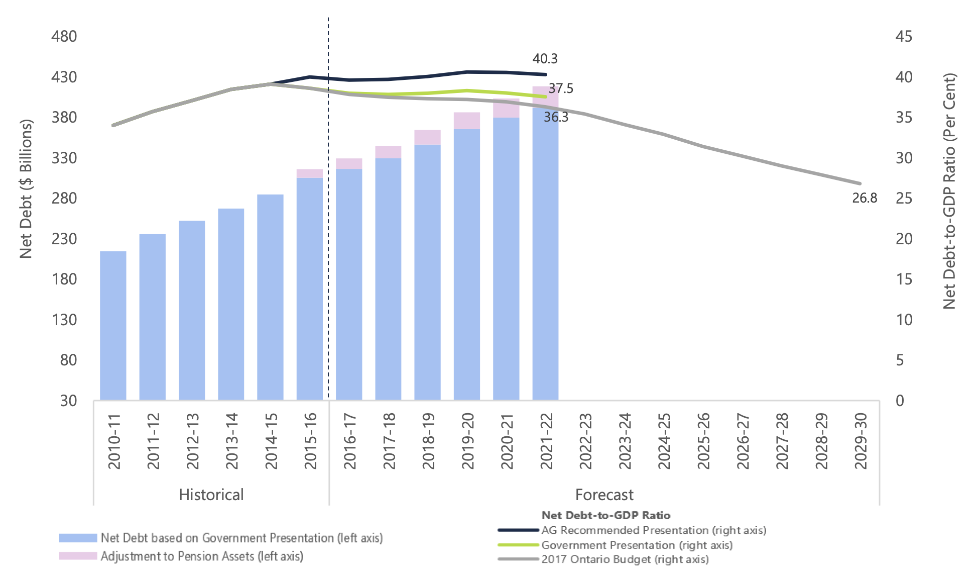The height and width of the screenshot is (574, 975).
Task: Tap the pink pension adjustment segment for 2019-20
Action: click(x=467, y=121)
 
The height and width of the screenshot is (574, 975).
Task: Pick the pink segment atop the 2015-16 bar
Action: click(x=310, y=173)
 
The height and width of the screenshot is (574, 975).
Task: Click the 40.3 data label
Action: click(x=545, y=59)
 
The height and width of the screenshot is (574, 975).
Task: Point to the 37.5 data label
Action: click(x=561, y=89)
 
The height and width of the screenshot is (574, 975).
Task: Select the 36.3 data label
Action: click(x=556, y=117)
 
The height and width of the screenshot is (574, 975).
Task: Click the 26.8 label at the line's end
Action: click(x=865, y=198)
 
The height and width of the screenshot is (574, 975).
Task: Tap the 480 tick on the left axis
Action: click(x=64, y=36)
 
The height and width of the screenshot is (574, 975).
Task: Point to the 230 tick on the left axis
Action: click(x=64, y=239)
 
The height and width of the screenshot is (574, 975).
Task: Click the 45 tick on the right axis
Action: click(x=904, y=36)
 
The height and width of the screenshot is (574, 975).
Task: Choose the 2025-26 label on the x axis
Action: click(x=703, y=441)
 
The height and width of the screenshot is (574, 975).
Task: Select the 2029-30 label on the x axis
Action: click(x=861, y=441)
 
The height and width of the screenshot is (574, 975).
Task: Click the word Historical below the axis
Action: click(x=211, y=495)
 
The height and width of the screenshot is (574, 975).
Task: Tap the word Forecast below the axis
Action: click(x=604, y=495)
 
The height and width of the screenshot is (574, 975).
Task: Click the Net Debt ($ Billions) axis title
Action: click(x=26, y=188)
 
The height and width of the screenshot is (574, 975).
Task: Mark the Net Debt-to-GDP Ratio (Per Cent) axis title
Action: click(x=949, y=191)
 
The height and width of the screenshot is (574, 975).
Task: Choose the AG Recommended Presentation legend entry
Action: click(x=653, y=530)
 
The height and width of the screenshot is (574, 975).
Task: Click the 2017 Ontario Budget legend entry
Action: click(x=625, y=559)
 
